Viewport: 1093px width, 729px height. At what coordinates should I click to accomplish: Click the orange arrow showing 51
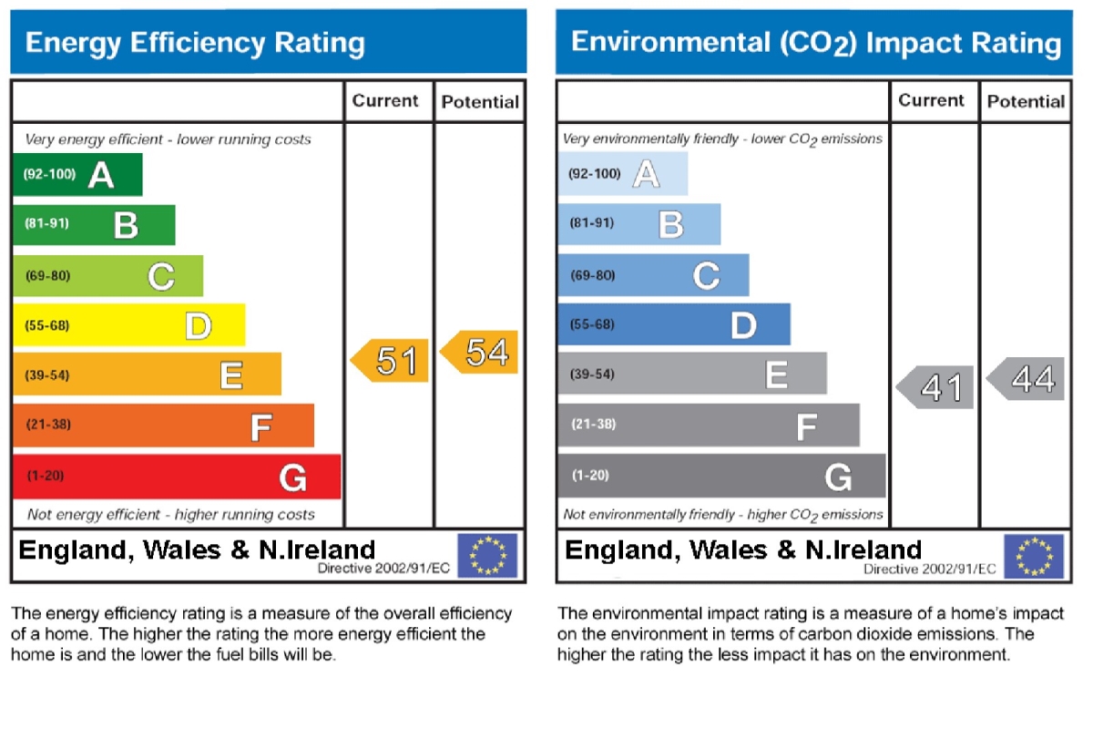tap(391, 361)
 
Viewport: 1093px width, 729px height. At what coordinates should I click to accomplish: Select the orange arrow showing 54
tap(480, 353)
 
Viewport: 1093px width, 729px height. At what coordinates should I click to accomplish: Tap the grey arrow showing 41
tap(936, 388)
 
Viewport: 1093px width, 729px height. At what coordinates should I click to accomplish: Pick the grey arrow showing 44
tap(1027, 379)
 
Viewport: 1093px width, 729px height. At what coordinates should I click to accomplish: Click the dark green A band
tap(77, 175)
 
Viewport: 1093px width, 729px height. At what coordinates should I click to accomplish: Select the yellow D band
tap(128, 325)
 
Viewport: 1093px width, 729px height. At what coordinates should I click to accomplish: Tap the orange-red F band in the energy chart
tap(163, 426)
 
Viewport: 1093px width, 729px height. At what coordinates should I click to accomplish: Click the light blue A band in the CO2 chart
tap(623, 174)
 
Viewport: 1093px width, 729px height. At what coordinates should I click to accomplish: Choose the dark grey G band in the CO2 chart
tap(721, 476)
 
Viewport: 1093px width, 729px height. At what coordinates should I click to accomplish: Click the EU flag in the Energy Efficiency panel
tap(487, 556)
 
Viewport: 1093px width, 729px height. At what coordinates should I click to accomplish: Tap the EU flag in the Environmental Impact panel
tap(1034, 556)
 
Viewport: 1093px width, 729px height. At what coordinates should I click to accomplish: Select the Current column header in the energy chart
tap(385, 101)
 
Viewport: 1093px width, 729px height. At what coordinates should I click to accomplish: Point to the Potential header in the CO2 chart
tap(1026, 101)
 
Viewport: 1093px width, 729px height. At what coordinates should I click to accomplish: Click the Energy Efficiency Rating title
tap(195, 43)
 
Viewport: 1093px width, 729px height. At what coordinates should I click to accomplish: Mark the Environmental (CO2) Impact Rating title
tap(815, 43)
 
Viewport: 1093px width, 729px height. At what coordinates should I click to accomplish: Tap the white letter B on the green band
tap(126, 225)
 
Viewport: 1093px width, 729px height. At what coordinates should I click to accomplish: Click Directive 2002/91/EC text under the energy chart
tap(384, 568)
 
